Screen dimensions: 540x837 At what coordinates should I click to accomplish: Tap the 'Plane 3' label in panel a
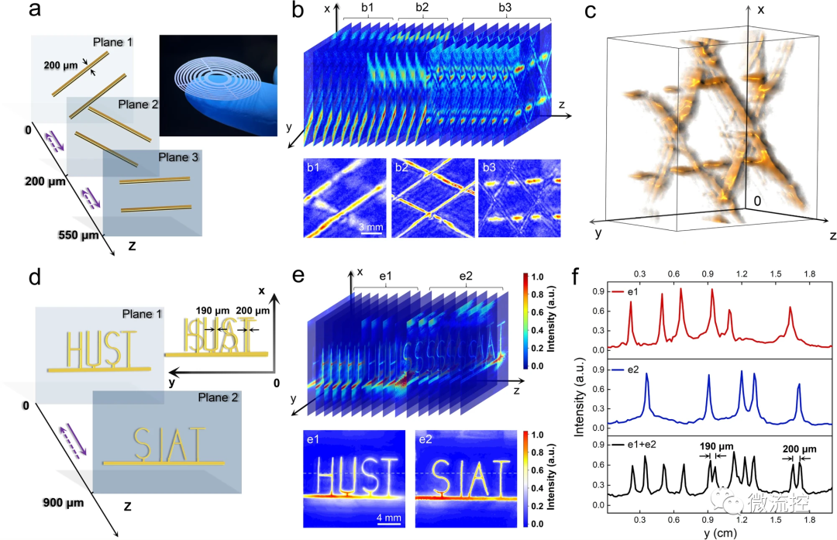pyautogui.click(x=179, y=158)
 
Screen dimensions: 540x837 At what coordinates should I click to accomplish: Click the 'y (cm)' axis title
pyautogui.click(x=718, y=532)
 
